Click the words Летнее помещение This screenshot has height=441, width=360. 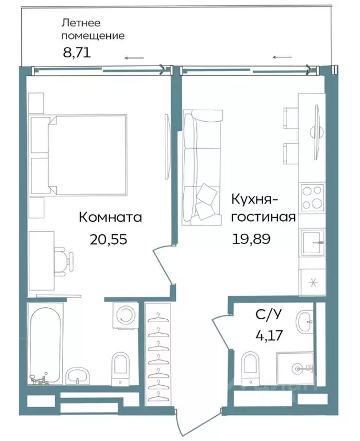click(x=93, y=29)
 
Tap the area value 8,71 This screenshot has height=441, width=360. click(x=76, y=53)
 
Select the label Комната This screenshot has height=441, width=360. click(x=110, y=218)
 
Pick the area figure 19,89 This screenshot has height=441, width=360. click(x=251, y=238)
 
